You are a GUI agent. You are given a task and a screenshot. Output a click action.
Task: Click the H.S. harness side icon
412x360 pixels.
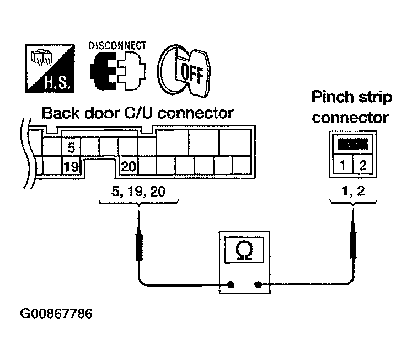tap(50, 68)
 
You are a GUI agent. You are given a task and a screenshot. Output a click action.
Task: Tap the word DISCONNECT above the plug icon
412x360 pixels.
tap(117, 45)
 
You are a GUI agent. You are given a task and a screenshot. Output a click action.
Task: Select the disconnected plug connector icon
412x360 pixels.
tap(117, 71)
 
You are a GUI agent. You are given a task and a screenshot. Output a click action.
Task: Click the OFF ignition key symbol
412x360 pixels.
tap(184, 71)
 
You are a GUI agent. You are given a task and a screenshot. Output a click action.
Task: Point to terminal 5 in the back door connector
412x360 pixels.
tap(71, 148)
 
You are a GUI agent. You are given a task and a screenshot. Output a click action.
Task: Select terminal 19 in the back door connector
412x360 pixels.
tap(71, 166)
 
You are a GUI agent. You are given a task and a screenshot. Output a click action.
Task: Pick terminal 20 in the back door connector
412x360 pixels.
tap(129, 166)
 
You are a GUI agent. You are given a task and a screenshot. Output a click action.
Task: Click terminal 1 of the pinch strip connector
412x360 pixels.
tap(343, 166)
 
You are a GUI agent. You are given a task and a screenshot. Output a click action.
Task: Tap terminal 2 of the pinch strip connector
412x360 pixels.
tap(362, 166)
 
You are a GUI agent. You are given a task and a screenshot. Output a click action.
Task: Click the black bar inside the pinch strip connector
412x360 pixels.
tap(352, 144)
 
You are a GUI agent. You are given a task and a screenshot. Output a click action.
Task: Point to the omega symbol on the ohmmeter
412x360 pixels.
tap(244, 250)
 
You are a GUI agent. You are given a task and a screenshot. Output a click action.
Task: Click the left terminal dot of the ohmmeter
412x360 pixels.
tap(231, 284)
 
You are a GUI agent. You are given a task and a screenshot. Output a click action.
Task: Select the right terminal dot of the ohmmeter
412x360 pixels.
tap(258, 284)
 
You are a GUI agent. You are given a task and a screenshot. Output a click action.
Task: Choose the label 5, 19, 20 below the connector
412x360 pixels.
tap(138, 191)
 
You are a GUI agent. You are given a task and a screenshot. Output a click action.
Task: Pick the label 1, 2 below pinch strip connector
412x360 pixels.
tap(353, 191)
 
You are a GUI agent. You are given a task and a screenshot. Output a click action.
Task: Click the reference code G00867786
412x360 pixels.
tap(56, 314)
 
